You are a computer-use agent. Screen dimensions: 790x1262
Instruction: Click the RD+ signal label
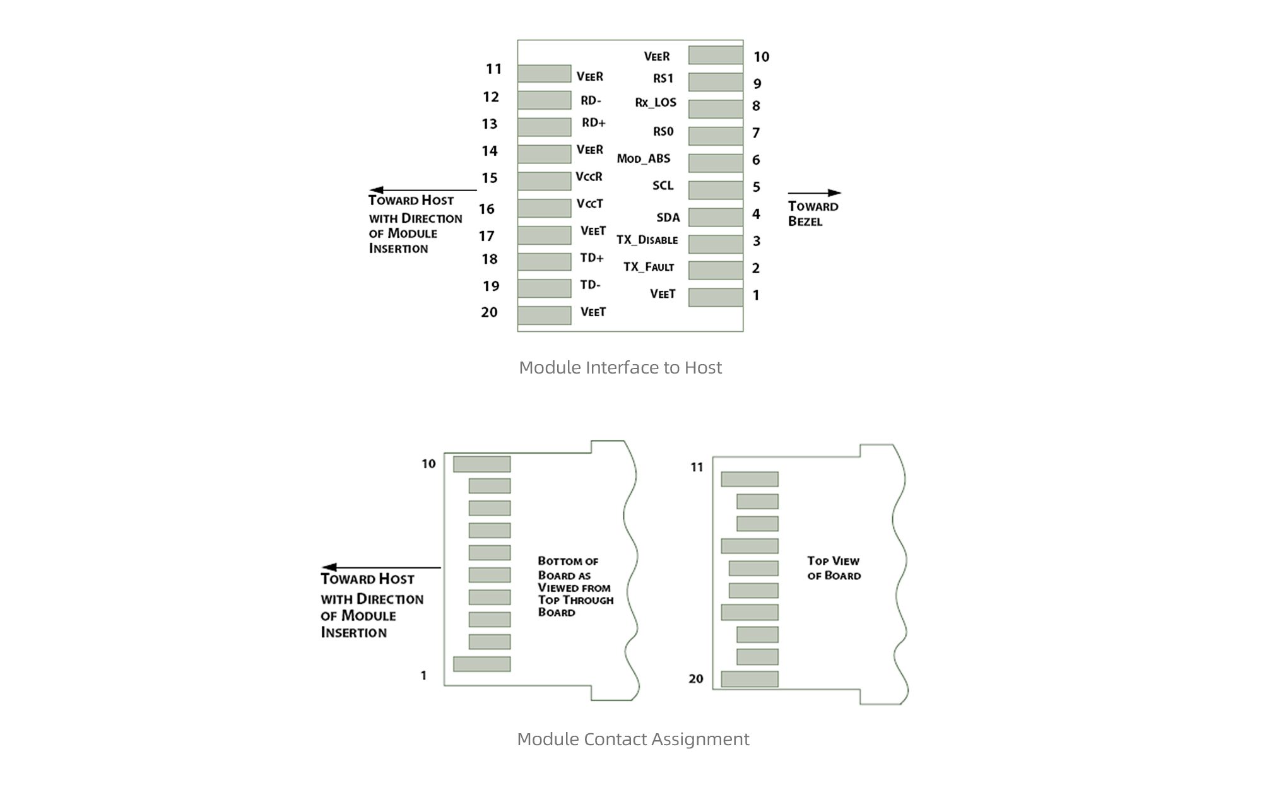pos(593,123)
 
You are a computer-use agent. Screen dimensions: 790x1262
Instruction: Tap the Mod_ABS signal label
pos(643,158)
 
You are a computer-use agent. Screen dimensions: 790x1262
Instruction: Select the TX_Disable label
pos(647,240)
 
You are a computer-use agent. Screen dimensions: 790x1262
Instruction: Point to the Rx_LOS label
pos(655,102)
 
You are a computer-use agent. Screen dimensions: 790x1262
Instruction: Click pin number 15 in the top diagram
pos(490,178)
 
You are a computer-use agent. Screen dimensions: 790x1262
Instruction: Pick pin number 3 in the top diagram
pos(756,241)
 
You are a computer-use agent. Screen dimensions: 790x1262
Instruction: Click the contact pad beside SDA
pos(716,217)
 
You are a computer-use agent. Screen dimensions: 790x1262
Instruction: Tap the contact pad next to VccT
pos(544,208)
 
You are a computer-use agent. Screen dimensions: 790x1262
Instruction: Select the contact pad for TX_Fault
pos(716,270)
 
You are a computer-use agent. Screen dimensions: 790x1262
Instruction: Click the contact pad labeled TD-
pos(544,288)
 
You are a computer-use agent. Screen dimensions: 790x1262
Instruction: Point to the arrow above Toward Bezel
pos(814,193)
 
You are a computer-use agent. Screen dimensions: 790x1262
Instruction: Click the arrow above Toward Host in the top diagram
pos(423,190)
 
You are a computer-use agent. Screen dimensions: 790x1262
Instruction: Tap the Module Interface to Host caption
pos(620,367)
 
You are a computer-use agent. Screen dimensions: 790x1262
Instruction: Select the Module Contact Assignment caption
pos(633,739)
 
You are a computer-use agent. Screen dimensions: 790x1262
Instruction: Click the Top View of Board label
pos(834,568)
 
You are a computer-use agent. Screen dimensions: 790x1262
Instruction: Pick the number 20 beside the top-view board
pos(695,679)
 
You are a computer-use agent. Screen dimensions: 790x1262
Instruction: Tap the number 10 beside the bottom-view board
pos(428,464)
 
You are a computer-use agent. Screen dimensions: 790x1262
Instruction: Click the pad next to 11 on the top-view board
pos(750,479)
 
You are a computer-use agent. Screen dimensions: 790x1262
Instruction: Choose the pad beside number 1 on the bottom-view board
pos(481,664)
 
